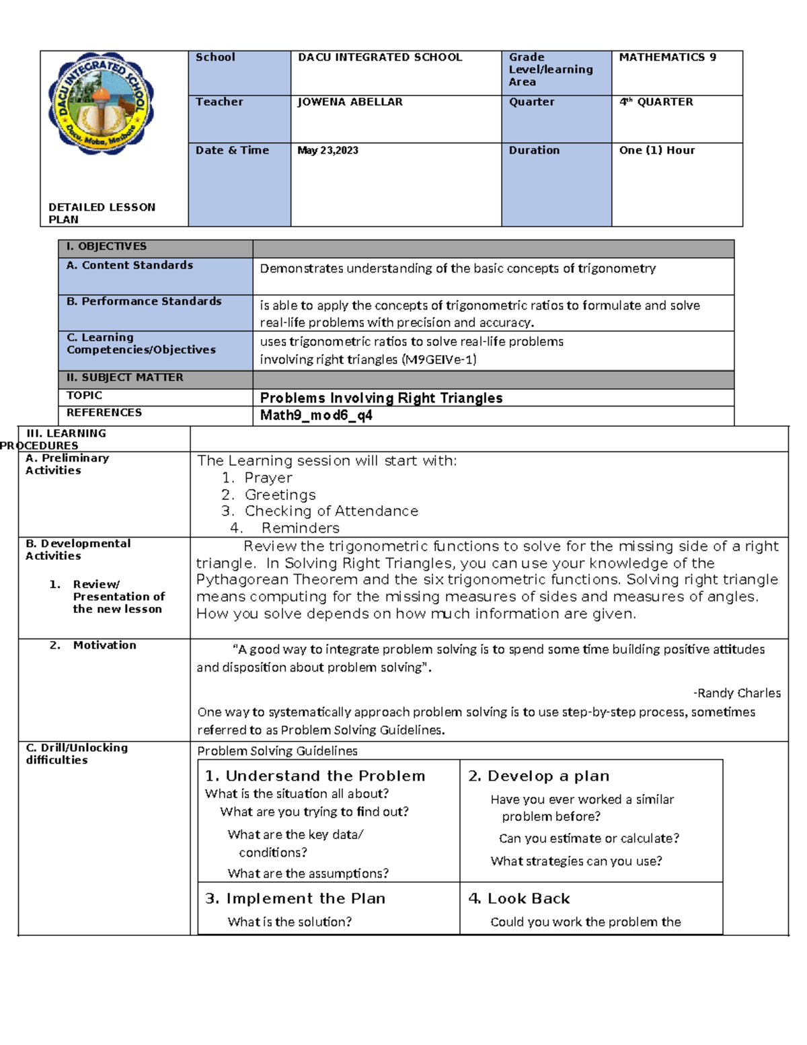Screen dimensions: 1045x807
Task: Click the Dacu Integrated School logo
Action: tap(101, 103)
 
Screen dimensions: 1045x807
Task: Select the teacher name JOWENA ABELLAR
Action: tap(350, 102)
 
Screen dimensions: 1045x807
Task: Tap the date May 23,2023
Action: tap(328, 150)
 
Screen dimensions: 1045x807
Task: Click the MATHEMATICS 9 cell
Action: tap(667, 57)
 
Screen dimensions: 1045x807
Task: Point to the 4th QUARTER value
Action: tap(656, 102)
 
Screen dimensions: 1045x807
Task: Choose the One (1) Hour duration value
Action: tap(656, 150)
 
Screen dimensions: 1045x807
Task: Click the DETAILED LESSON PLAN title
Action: tap(102, 213)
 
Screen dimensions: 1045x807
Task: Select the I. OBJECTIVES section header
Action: tap(106, 246)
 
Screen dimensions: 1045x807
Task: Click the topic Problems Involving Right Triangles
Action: tap(381, 398)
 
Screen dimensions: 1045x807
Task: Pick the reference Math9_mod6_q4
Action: tap(316, 415)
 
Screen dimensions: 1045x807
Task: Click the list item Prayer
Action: tap(268, 478)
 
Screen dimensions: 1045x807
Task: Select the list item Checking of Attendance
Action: tap(331, 511)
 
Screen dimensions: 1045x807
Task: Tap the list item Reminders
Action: tap(300, 528)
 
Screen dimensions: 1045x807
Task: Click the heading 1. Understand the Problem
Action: tap(315, 776)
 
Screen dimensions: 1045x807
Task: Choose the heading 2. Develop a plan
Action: tap(539, 776)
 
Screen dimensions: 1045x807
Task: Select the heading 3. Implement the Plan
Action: tap(295, 898)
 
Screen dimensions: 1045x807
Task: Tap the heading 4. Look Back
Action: tap(518, 898)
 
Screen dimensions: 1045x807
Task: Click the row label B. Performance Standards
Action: tap(144, 301)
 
